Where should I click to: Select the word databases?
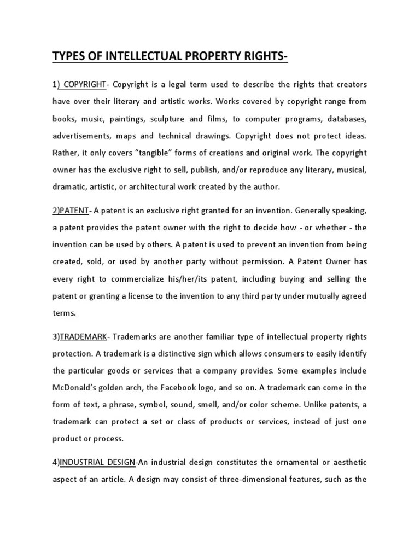[x=347, y=119]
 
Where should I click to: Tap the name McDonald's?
[x=77, y=388]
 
